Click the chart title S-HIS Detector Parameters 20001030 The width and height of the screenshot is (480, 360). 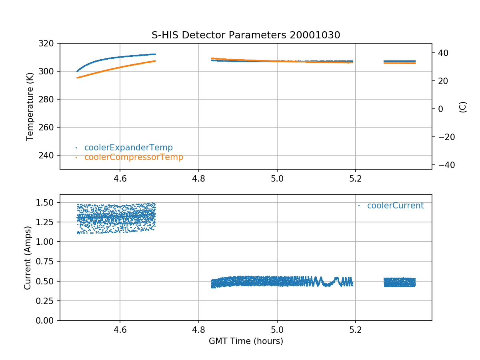[246, 35]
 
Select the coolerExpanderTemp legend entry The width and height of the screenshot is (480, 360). [128, 148]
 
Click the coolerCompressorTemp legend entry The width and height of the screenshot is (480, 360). [134, 157]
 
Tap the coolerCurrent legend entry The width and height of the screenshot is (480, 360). [395, 206]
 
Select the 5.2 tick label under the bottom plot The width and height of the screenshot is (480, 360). [355, 330]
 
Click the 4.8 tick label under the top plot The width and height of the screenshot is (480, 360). [198, 179]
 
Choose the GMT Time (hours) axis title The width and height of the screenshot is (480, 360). [246, 341]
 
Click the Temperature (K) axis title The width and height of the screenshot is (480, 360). [30, 106]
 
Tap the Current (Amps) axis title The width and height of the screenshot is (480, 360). [28, 258]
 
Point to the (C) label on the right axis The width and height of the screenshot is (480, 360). [463, 106]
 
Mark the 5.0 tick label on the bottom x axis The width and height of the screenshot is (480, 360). [277, 330]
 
